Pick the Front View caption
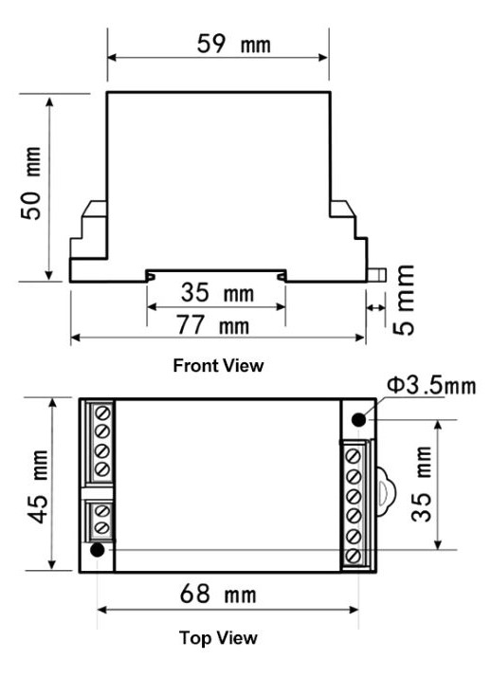[219, 364]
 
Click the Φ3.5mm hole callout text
[428, 387]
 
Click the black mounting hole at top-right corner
[360, 419]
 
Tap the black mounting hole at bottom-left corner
[97, 550]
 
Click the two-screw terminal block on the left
[102, 522]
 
